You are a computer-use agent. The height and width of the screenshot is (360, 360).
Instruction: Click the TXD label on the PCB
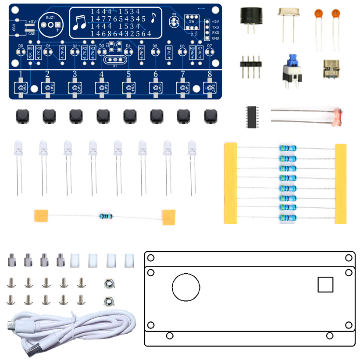tap(215, 27)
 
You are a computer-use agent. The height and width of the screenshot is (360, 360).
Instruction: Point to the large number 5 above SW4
tap(128, 74)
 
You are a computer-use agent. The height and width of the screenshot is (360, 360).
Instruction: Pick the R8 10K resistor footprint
tap(30, 52)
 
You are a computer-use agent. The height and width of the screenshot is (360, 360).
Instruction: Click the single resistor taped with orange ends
tap(106, 216)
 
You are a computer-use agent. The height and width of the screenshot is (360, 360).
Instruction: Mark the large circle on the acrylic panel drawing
tap(186, 288)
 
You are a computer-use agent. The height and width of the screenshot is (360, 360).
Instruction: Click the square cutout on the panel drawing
tap(326, 284)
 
